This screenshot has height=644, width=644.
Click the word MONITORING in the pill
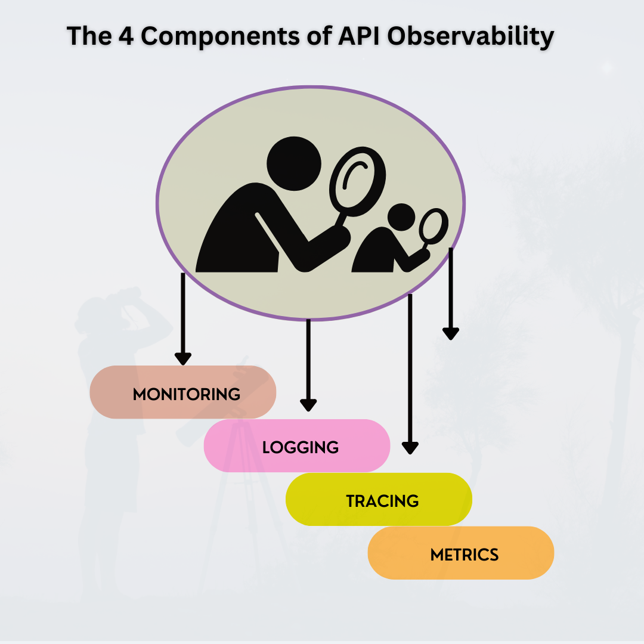tap(186, 394)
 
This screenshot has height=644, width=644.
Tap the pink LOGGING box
tap(297, 446)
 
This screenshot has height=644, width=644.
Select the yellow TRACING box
tap(379, 500)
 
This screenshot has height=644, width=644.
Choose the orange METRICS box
tap(461, 553)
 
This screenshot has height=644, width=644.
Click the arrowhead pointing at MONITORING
tap(183, 359)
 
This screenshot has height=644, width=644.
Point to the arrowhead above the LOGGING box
tap(308, 405)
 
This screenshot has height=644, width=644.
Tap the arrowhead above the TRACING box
tap(410, 448)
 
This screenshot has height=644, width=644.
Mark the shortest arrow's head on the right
tap(451, 333)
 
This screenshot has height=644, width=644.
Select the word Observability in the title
tap(470, 36)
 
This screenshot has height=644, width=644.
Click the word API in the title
tap(361, 36)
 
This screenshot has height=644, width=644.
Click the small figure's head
tap(400, 218)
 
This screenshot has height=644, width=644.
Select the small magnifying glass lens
tap(434, 226)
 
